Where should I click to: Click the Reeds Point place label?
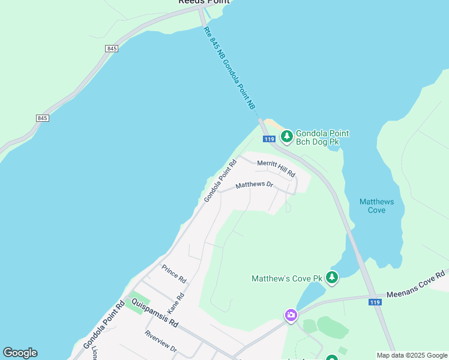pyautogui.click(x=204, y=2)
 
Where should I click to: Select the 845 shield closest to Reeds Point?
pyautogui.click(x=111, y=48)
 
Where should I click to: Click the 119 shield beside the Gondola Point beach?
pyautogui.click(x=270, y=139)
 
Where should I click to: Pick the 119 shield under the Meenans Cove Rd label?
pyautogui.click(x=375, y=303)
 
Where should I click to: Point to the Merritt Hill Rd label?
pyautogui.click(x=276, y=167)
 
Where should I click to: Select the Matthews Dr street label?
pyautogui.click(x=254, y=185)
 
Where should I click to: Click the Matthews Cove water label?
pyautogui.click(x=376, y=206)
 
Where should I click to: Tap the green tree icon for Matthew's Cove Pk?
pyautogui.click(x=332, y=278)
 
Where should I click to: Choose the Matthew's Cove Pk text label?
pyautogui.click(x=287, y=278)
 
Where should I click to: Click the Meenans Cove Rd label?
pyautogui.click(x=417, y=284)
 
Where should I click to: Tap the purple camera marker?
pyautogui.click(x=291, y=315)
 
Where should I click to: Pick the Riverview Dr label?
pyautogui.click(x=160, y=341)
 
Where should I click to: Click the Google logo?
pyautogui.click(x=20, y=353)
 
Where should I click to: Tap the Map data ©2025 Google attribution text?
pyautogui.click(x=411, y=355)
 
